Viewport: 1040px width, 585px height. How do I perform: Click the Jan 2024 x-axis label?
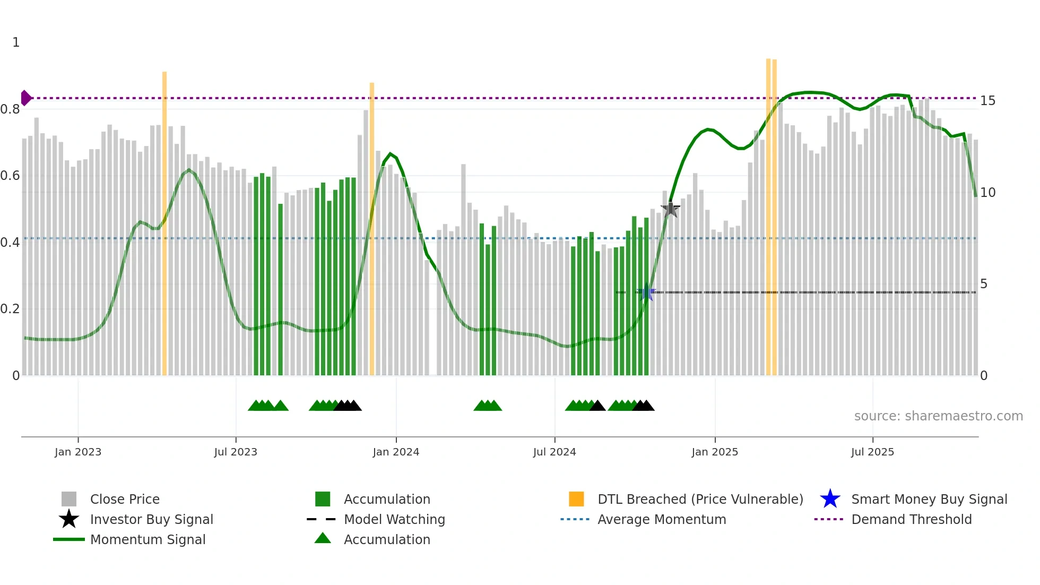pos(396,452)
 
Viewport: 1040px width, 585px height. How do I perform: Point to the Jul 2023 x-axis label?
pos(236,452)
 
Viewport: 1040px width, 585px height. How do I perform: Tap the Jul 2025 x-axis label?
pos(872,452)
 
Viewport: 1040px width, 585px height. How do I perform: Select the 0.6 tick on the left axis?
pos(10,176)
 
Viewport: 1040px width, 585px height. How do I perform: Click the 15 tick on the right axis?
pos(987,101)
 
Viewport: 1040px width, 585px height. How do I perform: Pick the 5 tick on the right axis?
pos(984,284)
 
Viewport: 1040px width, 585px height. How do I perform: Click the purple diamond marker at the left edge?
pos(25,98)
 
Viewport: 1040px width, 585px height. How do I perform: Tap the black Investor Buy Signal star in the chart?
pos(670,209)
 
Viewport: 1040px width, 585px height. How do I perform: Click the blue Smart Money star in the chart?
pos(646,292)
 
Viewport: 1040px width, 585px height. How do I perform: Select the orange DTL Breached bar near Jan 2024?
pos(372,228)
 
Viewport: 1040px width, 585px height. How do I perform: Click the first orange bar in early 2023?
pos(164,223)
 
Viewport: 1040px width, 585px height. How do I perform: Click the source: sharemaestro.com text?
pos(938,416)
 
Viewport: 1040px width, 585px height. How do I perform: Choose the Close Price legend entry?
pos(125,499)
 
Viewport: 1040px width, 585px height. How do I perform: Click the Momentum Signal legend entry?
pos(148,539)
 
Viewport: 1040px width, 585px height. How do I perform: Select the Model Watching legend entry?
pos(394,519)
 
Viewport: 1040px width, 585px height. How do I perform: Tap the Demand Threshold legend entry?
pos(911,519)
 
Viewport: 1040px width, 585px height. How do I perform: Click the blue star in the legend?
pos(830,499)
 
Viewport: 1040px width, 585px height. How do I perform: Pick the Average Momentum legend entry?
pos(661,519)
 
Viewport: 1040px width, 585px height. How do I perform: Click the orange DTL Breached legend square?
pos(576,499)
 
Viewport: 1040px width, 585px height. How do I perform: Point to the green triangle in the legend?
pos(323,539)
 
